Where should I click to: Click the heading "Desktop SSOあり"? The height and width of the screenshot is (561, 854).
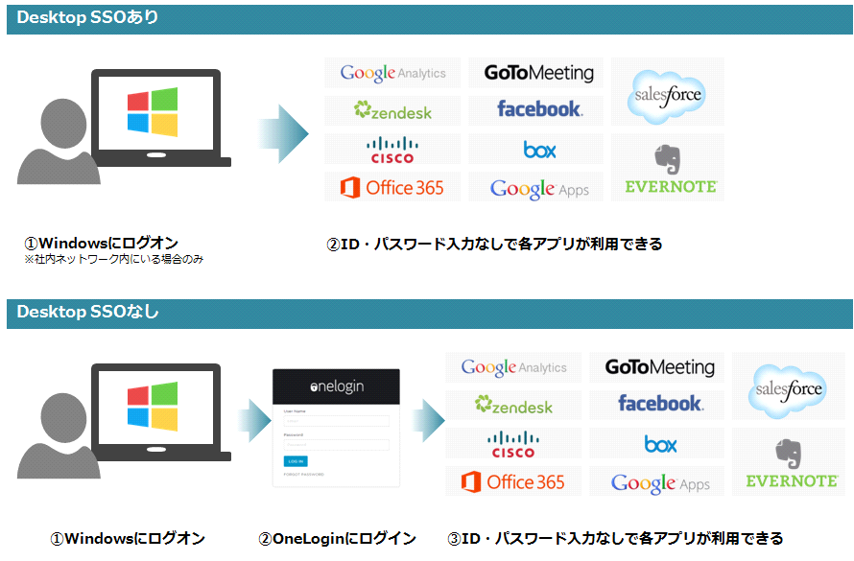[x=88, y=18]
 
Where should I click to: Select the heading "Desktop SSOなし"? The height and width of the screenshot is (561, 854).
[x=88, y=313]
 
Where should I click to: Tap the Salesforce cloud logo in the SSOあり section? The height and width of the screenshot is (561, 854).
[x=668, y=94]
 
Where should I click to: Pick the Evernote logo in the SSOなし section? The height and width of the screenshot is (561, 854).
[x=791, y=463]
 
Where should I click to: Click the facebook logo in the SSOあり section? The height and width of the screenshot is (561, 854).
[x=538, y=109]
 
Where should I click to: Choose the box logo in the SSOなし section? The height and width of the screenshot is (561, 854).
[x=660, y=444]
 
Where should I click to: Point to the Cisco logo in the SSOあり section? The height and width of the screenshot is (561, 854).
[x=391, y=150]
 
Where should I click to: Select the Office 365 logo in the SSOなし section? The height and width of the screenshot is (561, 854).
[x=513, y=481]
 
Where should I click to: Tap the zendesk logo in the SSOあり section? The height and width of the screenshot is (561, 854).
[x=392, y=111]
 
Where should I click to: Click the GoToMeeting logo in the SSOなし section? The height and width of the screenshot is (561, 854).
[x=659, y=367]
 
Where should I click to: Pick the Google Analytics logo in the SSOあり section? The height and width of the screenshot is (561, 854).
[x=392, y=73]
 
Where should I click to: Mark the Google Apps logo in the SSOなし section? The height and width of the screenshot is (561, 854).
[x=659, y=482]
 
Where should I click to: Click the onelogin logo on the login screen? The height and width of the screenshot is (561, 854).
[x=337, y=386]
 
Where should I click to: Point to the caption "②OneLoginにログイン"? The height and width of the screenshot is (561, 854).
[x=337, y=539]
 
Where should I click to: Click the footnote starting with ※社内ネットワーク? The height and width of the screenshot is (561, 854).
[x=114, y=260]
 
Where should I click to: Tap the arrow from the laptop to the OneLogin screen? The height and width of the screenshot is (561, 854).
[x=253, y=420]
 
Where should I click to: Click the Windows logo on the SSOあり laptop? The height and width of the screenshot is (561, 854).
[x=153, y=111]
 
